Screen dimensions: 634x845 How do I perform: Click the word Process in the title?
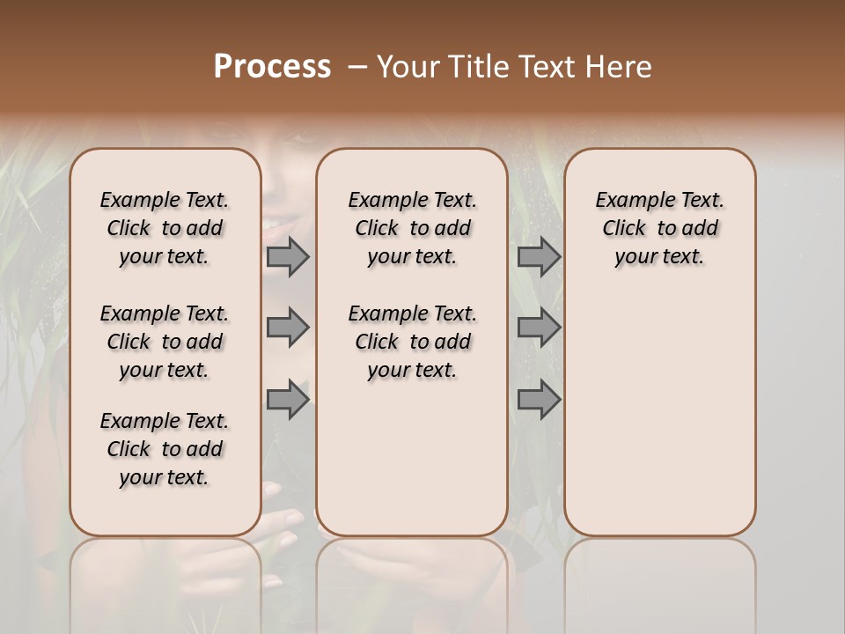(x=272, y=67)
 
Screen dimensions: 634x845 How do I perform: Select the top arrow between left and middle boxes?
(x=288, y=256)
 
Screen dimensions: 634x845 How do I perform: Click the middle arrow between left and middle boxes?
(x=288, y=328)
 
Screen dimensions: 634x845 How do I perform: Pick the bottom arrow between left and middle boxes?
(x=288, y=400)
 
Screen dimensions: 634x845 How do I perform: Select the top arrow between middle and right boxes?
(x=539, y=256)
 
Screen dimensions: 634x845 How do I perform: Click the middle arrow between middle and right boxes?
(x=539, y=328)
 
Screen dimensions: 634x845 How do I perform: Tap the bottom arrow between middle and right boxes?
(x=539, y=400)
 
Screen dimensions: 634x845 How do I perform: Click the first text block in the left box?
(x=165, y=228)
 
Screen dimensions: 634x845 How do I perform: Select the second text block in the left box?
(x=165, y=342)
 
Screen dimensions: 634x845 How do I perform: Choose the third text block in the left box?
(x=165, y=449)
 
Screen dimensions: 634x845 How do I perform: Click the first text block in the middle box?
(x=412, y=228)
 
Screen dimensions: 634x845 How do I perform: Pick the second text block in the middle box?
(x=412, y=342)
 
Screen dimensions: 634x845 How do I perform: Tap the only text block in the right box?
(x=659, y=228)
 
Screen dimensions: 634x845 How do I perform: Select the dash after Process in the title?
(x=356, y=67)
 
